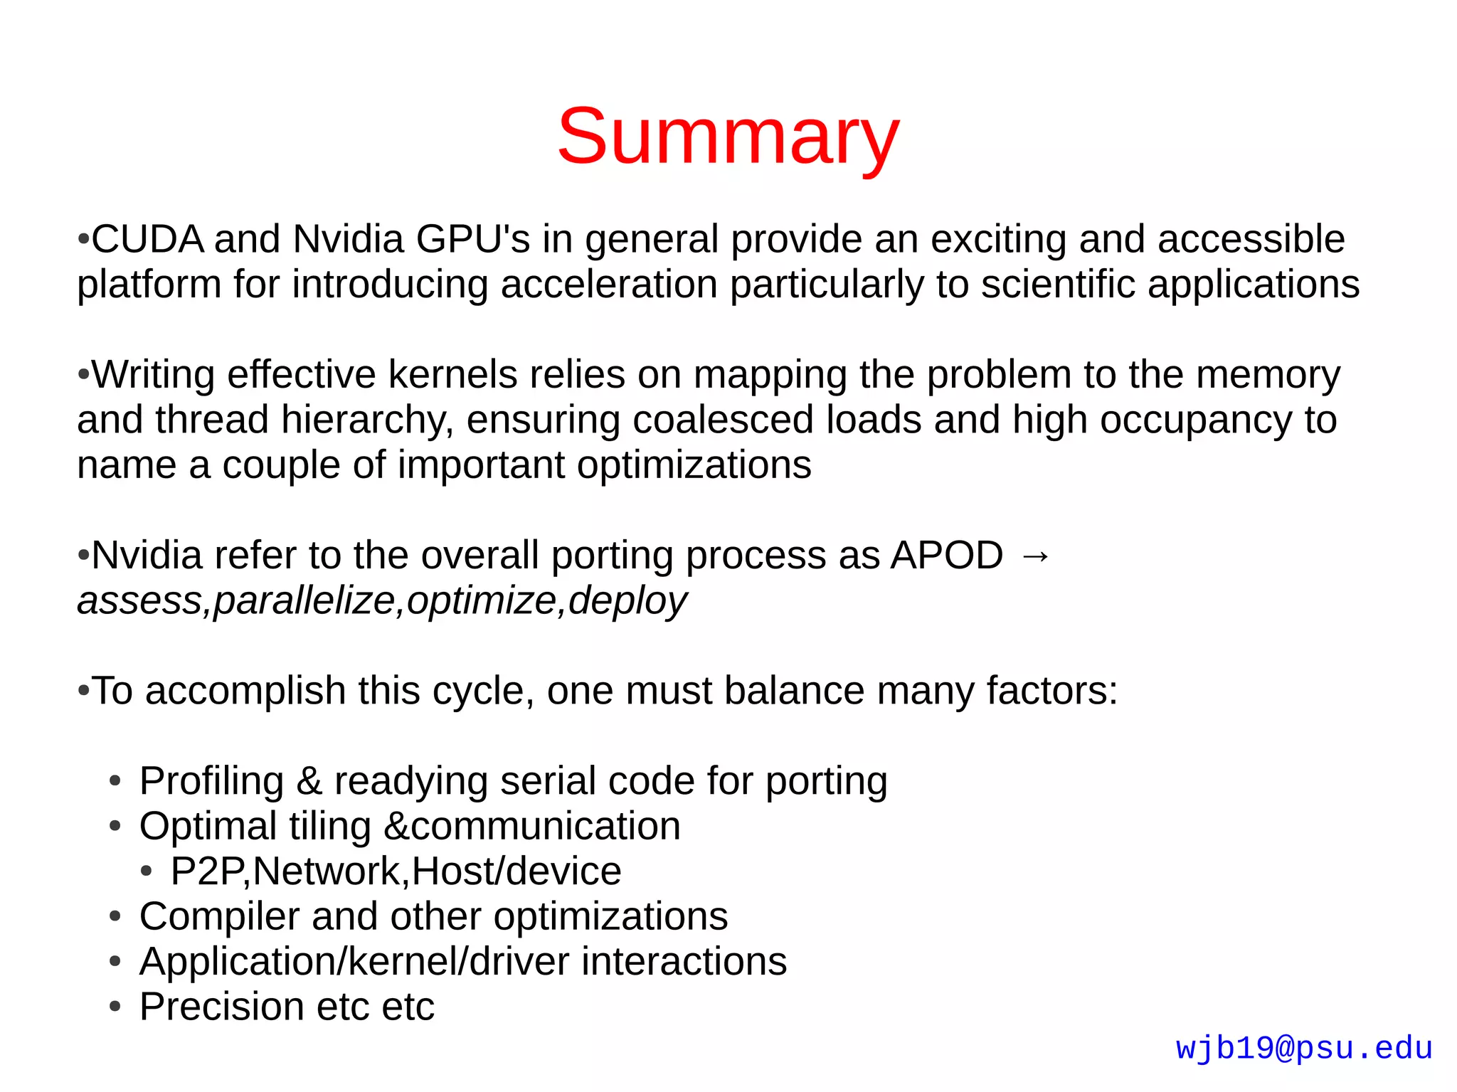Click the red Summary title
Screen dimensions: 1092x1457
[728, 137]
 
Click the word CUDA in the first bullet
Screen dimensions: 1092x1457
[148, 239]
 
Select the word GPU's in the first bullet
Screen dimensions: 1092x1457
[473, 239]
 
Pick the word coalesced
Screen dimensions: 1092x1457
[723, 420]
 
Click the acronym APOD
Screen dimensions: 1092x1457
[946, 556]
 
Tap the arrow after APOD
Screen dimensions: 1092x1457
[1035, 556]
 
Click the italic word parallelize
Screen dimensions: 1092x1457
[304, 601]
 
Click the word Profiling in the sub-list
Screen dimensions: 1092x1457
[211, 782]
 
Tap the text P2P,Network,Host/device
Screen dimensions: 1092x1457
[396, 872]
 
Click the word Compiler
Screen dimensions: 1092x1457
[218, 917]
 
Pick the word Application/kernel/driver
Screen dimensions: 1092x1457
[354, 963]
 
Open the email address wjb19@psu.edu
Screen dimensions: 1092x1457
[1304, 1049]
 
